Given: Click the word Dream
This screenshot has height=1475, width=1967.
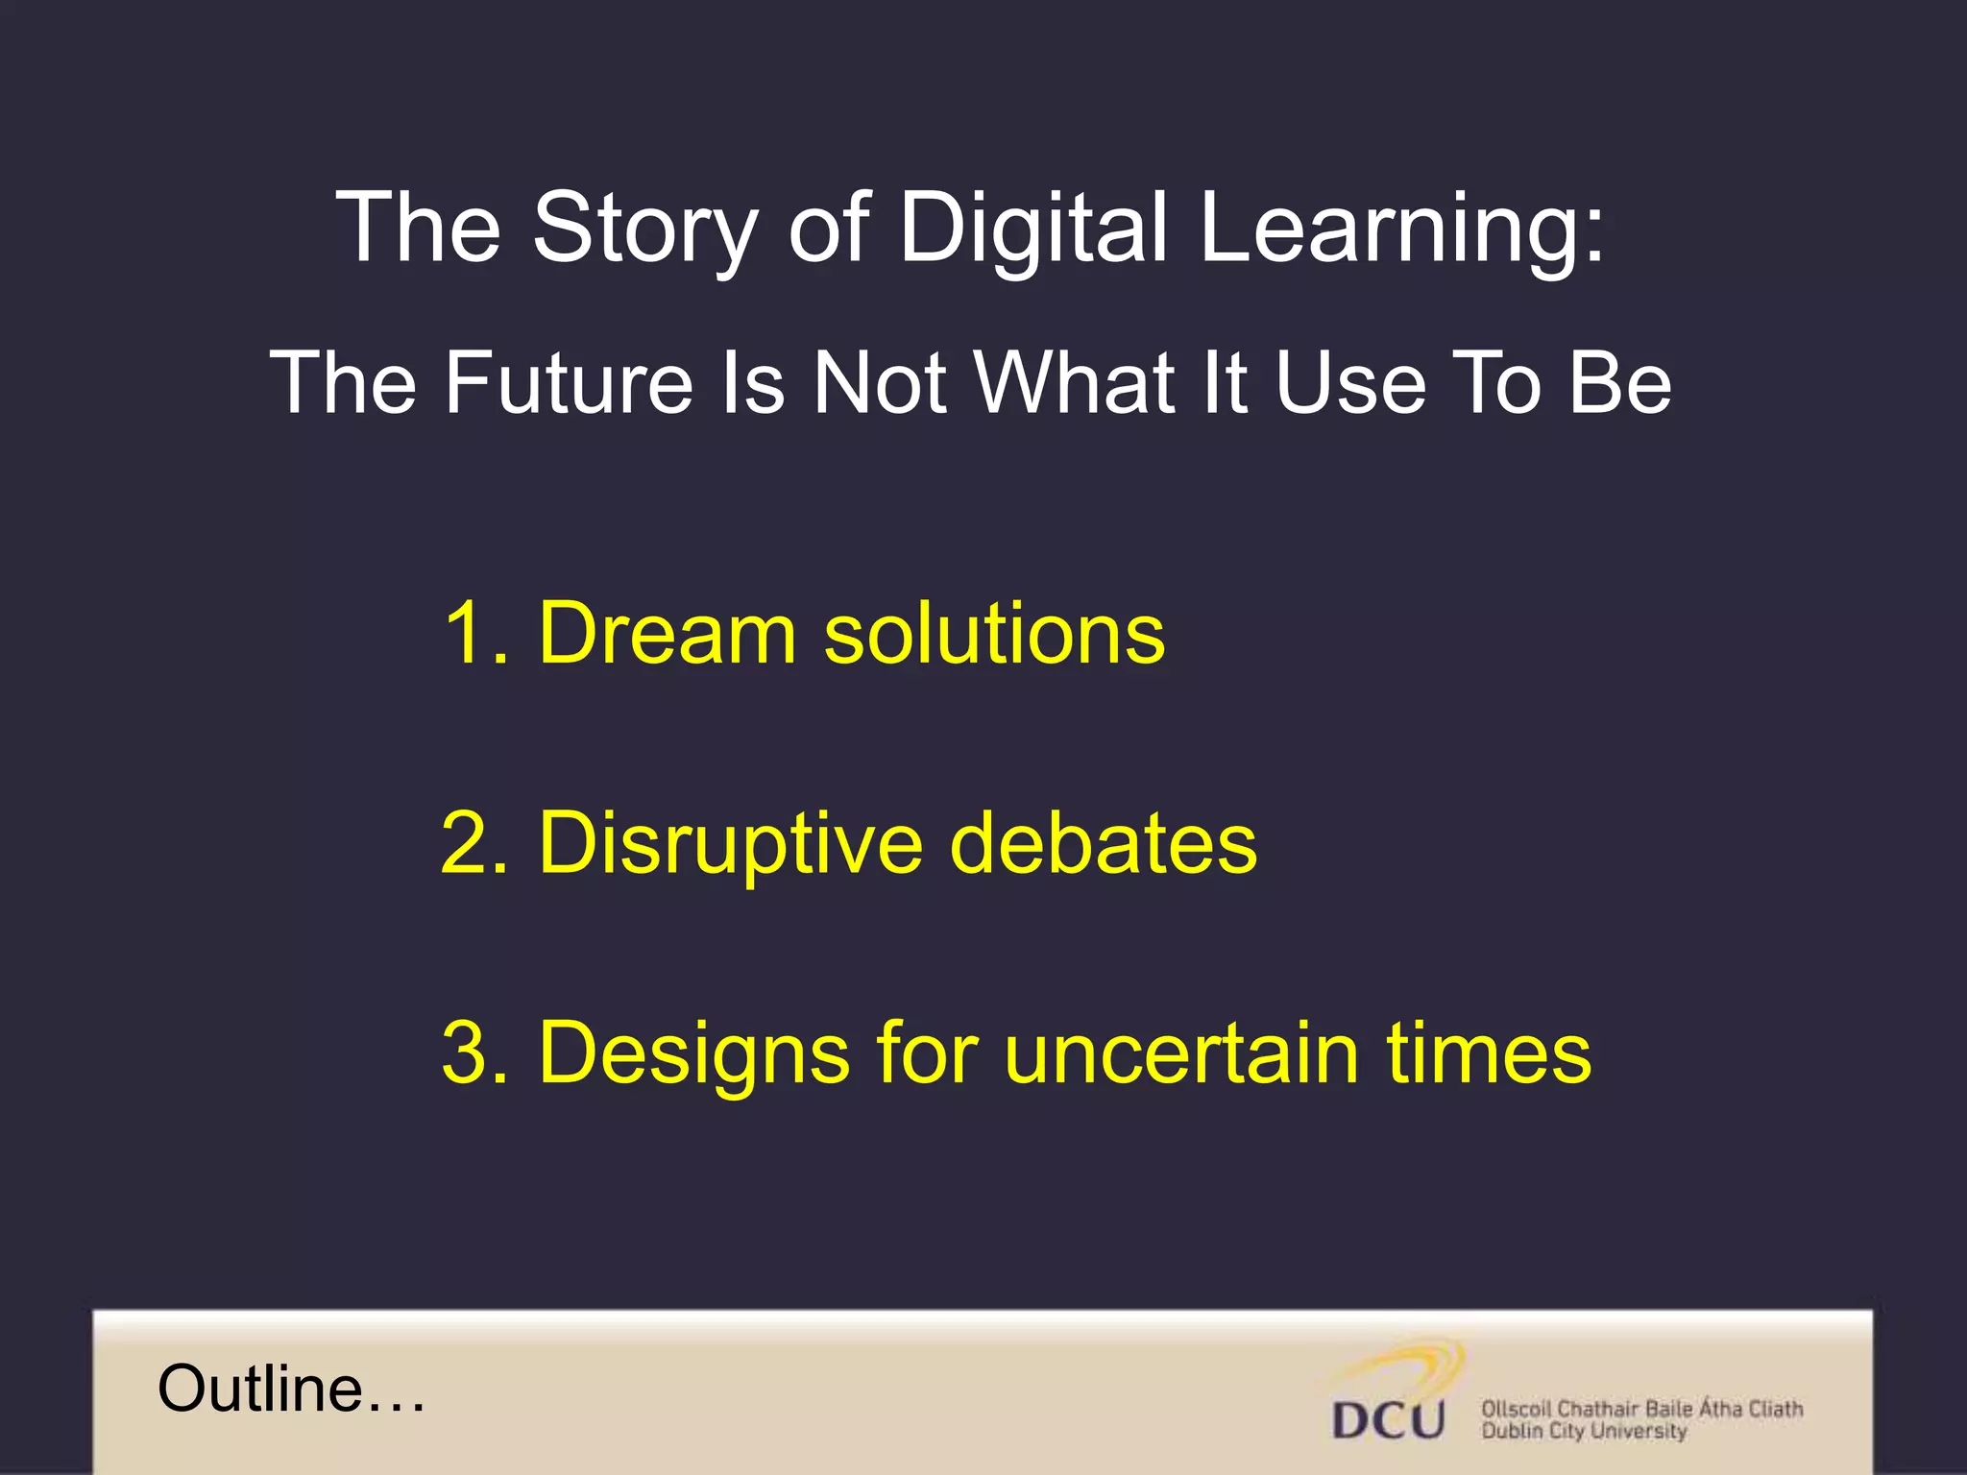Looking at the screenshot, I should click(668, 633).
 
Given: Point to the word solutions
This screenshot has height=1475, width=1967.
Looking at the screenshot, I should click(994, 633).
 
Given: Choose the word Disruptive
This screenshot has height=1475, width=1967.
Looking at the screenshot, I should click(730, 842).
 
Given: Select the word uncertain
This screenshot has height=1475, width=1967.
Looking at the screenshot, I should click(1181, 1052).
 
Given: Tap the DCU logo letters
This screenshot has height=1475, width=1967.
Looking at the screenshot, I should click(1388, 1420).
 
